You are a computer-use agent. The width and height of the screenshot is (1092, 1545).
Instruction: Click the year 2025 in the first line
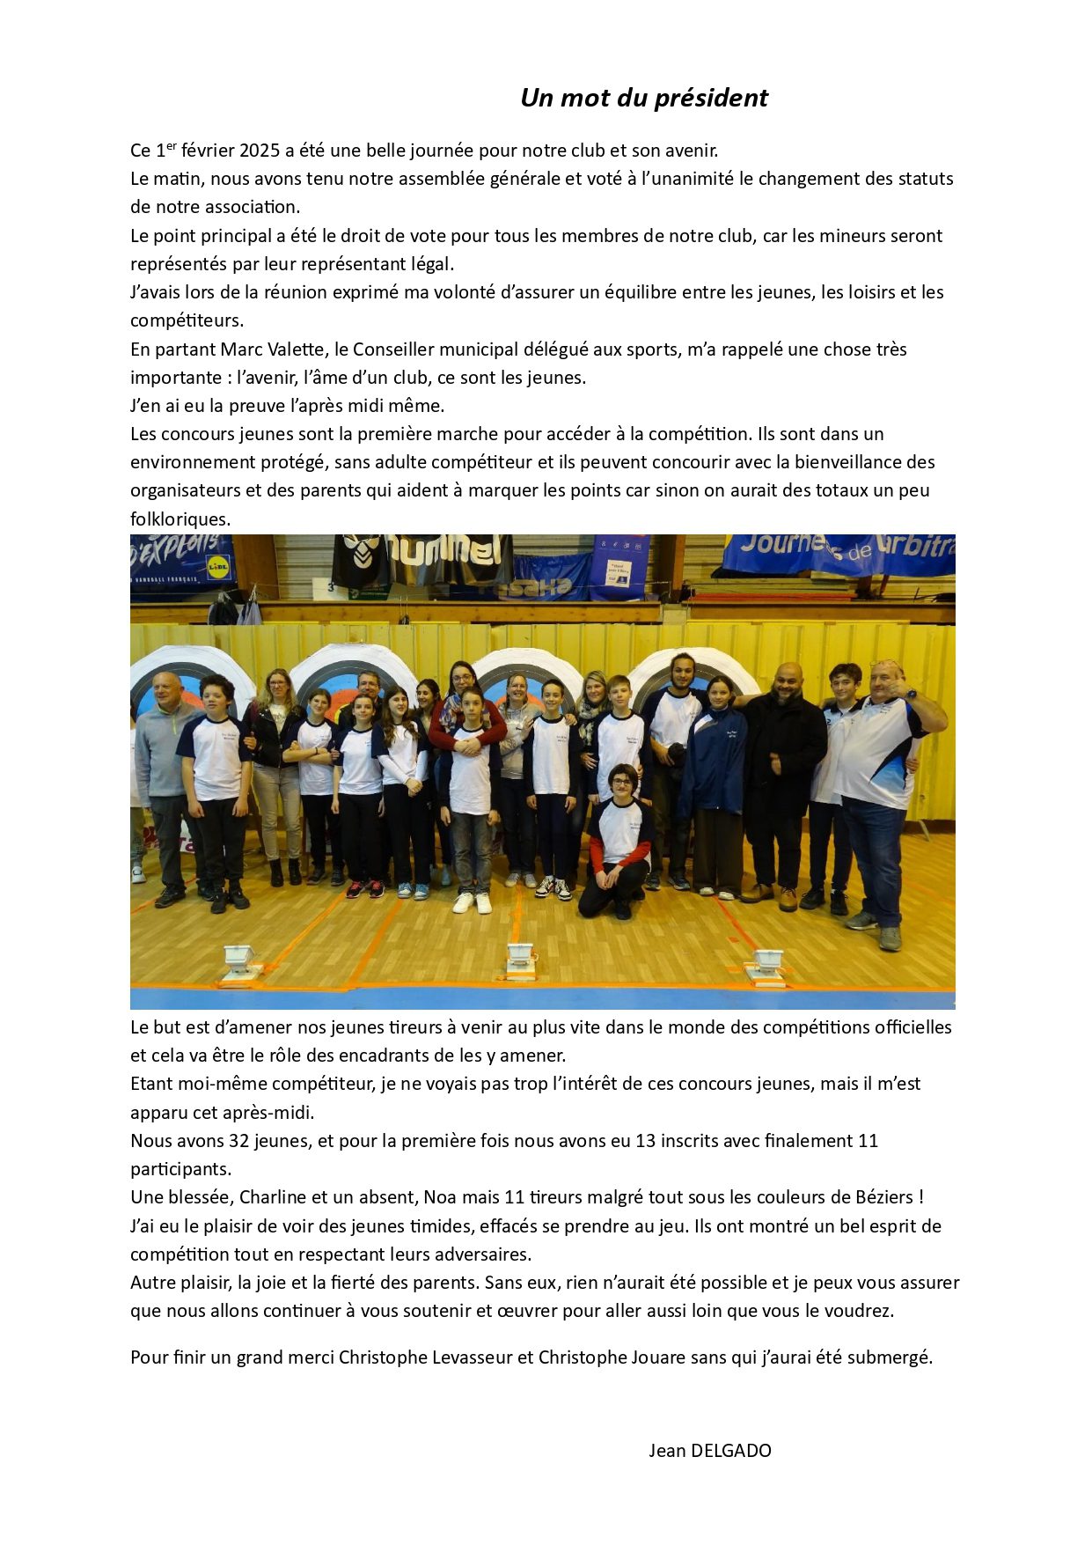pos(260,151)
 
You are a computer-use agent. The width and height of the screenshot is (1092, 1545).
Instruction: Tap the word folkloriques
pos(180,519)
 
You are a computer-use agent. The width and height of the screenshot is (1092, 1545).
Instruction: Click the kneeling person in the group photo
pos(619,841)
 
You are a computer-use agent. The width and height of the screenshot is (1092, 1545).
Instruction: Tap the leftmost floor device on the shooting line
pos(238,961)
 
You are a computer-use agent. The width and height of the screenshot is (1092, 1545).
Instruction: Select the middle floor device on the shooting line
pos(520,960)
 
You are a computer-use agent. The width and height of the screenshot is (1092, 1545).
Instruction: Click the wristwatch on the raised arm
pos(911,694)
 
